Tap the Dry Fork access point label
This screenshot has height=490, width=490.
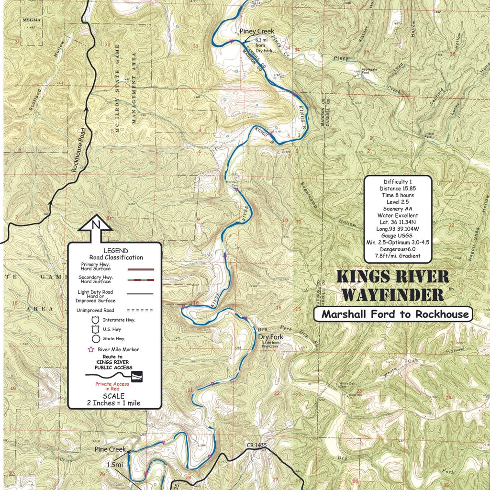tap(271, 337)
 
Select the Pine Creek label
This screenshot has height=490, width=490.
tap(110, 449)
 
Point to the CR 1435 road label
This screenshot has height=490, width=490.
tap(256, 445)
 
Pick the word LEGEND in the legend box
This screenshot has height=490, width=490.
tap(115, 251)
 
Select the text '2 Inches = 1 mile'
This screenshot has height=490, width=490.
tap(114, 403)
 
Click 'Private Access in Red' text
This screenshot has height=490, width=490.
tap(112, 387)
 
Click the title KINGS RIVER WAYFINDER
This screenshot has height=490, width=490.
tap(393, 286)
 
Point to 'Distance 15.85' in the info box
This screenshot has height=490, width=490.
tap(398, 188)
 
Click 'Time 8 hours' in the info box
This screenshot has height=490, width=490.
tap(398, 195)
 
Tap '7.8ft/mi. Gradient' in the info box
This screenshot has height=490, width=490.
tap(398, 256)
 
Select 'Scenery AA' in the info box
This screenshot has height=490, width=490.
tap(398, 209)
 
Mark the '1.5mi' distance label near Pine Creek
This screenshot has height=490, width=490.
tap(115, 465)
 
